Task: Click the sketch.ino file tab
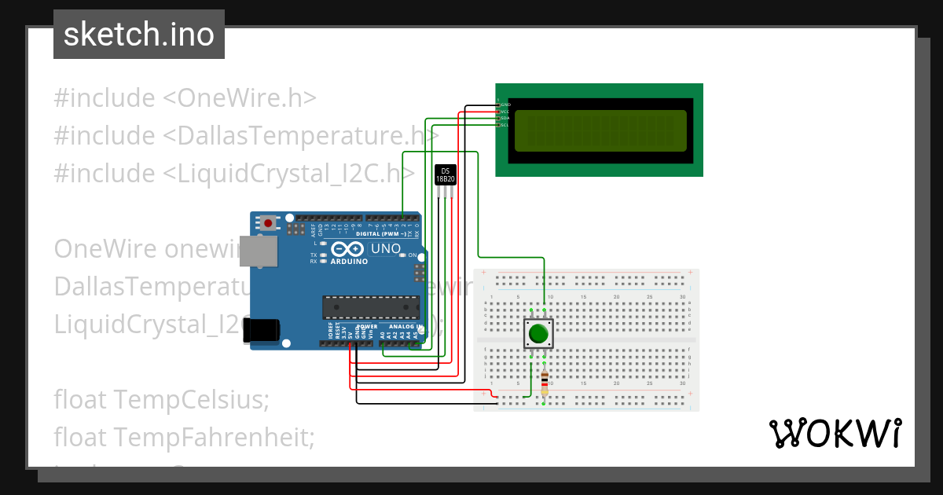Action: click(x=138, y=35)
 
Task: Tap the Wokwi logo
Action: click(x=835, y=434)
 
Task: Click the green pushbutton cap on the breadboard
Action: click(x=538, y=333)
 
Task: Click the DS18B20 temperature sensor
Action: click(x=446, y=175)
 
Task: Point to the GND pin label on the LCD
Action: click(x=506, y=104)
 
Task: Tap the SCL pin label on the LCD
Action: click(x=505, y=125)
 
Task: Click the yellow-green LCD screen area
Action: click(x=599, y=130)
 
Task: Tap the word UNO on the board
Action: click(x=386, y=249)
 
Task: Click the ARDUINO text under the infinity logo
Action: click(x=349, y=262)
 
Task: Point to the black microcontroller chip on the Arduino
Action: click(x=369, y=307)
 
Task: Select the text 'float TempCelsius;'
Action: click(x=161, y=400)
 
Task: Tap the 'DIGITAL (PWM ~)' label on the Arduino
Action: click(x=381, y=234)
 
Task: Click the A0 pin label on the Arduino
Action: click(x=383, y=335)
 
